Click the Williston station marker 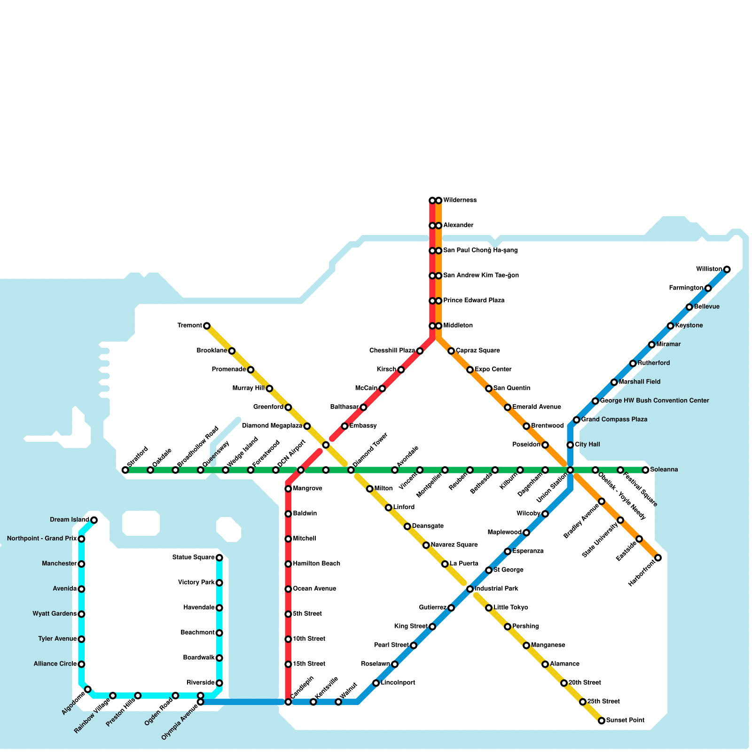tap(727, 269)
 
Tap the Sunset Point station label tap(625, 720)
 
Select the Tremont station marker tap(207, 326)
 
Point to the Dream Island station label tap(70, 519)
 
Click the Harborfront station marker tap(658, 557)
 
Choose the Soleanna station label tap(664, 470)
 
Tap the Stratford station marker tap(125, 470)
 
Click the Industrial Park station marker tap(470, 589)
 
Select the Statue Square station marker tap(219, 558)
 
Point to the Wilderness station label tap(460, 200)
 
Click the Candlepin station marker tap(288, 702)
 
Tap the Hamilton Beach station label tap(316, 564)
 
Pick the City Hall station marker tap(570, 445)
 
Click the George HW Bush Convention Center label tap(654, 401)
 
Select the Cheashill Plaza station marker tap(420, 351)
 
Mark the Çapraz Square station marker tap(451, 351)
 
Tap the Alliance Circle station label tap(55, 664)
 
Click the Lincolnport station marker tap(376, 683)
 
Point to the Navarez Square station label tap(454, 545)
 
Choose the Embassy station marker tap(345, 426)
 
